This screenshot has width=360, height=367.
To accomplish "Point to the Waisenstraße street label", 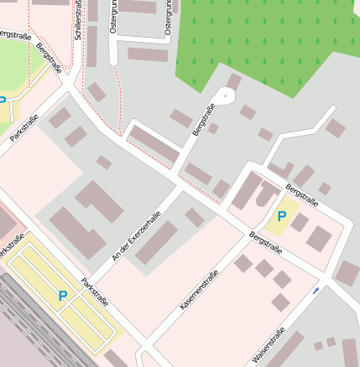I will (x=269, y=344).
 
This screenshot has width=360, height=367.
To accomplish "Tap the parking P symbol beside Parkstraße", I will (x=62, y=296).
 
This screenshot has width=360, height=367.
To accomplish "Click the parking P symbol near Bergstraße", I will (x=281, y=217).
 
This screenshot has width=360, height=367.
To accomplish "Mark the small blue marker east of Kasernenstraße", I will (x=316, y=290).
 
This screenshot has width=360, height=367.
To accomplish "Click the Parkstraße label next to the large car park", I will (x=95, y=287).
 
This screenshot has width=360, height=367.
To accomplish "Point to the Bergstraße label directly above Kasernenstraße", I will (x=265, y=244).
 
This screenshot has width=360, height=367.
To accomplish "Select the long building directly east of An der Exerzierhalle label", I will (x=157, y=243).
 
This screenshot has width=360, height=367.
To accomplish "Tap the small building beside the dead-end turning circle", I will (x=234, y=81).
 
